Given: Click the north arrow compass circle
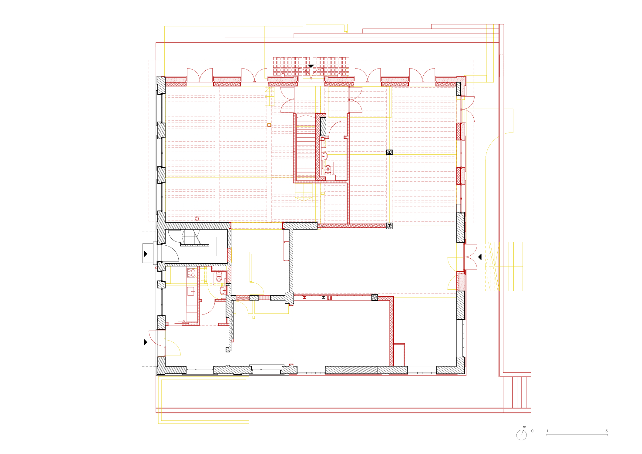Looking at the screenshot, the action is (x=521, y=435).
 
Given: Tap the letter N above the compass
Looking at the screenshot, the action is (x=524, y=427).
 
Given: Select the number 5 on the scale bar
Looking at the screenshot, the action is (x=607, y=431).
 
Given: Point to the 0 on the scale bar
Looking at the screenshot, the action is (x=532, y=431).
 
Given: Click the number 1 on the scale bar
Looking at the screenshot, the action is (x=547, y=431).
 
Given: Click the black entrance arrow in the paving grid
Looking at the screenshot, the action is (x=311, y=66).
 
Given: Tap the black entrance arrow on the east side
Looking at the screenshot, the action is (x=480, y=257).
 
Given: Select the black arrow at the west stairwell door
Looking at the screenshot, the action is (x=146, y=254).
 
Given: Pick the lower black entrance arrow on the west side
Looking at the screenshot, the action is (x=146, y=342).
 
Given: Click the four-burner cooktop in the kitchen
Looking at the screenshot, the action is (x=191, y=273).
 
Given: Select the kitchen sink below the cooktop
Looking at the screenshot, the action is (x=191, y=291).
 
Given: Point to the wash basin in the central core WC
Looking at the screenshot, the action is (x=324, y=156).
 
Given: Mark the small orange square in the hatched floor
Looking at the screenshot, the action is (x=269, y=125).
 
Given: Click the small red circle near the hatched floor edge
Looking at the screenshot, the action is (x=197, y=218).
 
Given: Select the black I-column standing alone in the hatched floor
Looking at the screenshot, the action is (x=389, y=152).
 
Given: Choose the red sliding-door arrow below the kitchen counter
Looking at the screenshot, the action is (x=182, y=321).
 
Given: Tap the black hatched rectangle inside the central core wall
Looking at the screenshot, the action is (x=323, y=126).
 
